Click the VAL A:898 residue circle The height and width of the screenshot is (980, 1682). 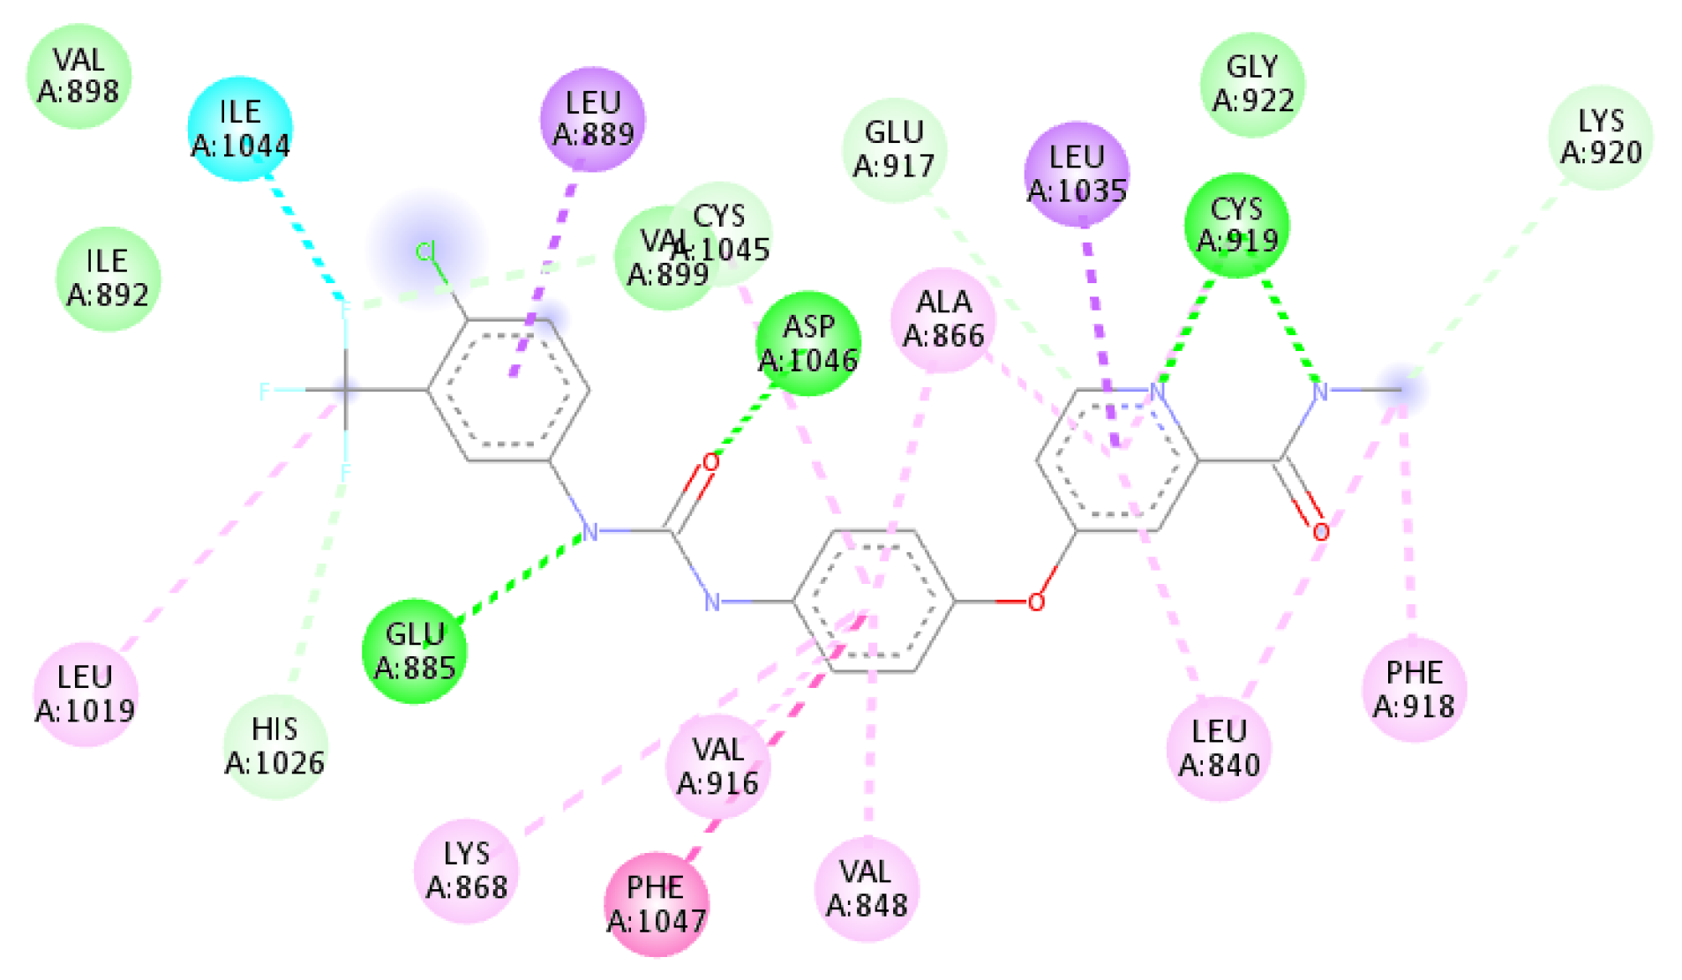click(79, 76)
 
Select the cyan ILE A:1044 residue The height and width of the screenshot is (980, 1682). click(240, 129)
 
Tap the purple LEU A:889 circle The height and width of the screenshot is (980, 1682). click(593, 119)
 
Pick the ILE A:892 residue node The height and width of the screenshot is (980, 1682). click(108, 279)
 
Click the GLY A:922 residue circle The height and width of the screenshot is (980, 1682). click(1252, 85)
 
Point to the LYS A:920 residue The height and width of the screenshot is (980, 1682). click(1600, 137)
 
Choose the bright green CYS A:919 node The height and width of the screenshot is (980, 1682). click(1236, 226)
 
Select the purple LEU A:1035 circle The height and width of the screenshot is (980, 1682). click(1077, 174)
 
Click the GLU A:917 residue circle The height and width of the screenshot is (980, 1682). click(894, 150)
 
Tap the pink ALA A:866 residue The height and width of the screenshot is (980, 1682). click(943, 319)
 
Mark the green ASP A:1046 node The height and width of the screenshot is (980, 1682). click(807, 344)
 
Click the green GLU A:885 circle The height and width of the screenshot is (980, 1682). click(414, 652)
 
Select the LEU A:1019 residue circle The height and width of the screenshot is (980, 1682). click(85, 694)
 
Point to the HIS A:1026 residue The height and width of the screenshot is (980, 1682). click(274, 746)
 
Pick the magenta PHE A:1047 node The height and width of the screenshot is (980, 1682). click(656, 905)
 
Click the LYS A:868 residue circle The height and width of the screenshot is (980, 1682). click(466, 872)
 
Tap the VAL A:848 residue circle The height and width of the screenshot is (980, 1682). click(867, 889)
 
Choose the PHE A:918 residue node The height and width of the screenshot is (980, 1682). click(1414, 690)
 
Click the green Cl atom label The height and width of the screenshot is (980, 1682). click(426, 253)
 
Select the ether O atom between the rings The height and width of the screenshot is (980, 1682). click(1036, 602)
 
